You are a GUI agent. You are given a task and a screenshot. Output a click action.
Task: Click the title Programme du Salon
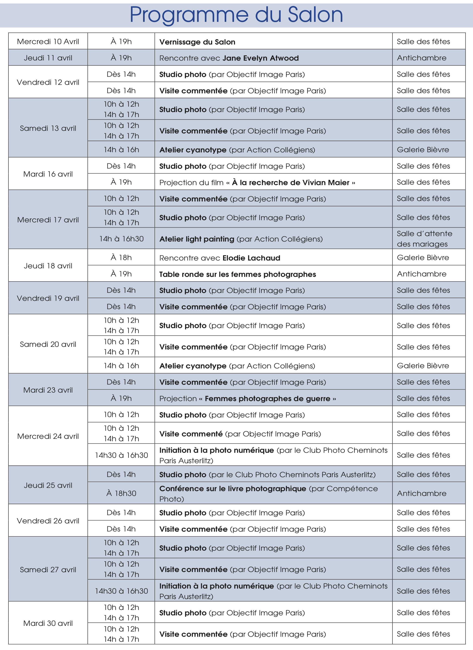[236, 15]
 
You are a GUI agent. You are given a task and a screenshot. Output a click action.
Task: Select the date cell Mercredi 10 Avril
[48, 42]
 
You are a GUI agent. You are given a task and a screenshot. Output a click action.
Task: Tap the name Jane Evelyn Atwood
[260, 58]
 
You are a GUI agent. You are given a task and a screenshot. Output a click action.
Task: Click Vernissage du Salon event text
[197, 42]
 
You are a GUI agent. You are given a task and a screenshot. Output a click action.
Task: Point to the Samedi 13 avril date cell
[48, 128]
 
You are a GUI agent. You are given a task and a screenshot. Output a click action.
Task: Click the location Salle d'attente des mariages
[424, 239]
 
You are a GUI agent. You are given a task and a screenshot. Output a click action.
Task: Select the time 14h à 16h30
[121, 239]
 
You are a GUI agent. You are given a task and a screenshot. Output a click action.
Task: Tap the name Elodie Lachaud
[251, 258]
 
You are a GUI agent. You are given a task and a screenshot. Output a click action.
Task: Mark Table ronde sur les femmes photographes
[237, 274]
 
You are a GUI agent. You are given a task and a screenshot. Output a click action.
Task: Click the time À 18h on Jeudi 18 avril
[121, 258]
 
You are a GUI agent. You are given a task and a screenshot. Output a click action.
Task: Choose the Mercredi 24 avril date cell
[48, 436]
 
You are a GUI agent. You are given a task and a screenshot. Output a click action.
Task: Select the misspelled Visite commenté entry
[191, 434]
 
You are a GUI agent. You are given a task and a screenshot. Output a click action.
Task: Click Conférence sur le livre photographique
[233, 489]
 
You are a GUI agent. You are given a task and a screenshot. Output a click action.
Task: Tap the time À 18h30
[121, 493]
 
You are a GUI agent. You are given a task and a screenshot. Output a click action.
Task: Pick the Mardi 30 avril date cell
[48, 623]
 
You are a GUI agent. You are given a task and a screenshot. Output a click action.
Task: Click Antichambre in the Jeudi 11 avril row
[421, 58]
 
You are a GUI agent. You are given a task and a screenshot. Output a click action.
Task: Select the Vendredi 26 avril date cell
[48, 521]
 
